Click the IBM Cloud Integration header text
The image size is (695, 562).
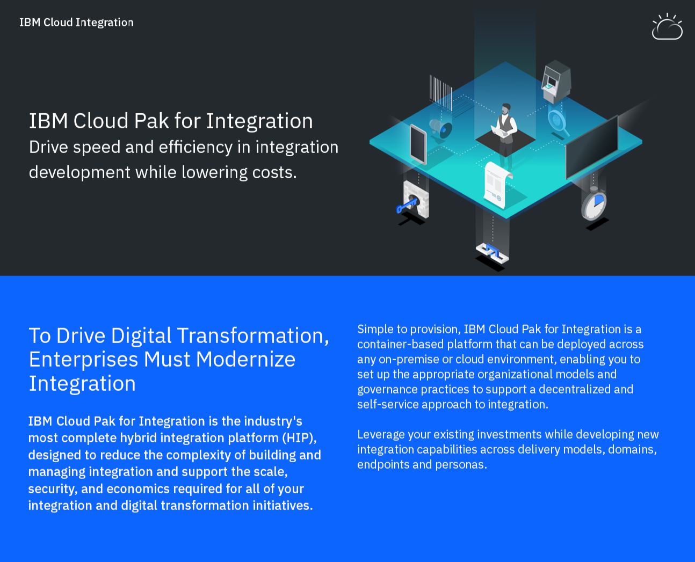point(76,23)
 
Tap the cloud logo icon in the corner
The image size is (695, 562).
point(667,26)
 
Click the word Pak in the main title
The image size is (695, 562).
point(151,121)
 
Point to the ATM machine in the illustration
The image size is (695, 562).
point(556,81)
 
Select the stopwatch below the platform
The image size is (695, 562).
point(593,204)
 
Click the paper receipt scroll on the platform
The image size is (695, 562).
point(497,184)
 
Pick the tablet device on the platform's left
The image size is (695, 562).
point(418,144)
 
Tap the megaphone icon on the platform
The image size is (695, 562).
point(441,129)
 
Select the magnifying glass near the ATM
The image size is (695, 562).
point(559,122)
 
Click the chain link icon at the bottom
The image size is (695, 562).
point(492,253)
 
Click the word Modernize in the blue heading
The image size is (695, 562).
point(245,359)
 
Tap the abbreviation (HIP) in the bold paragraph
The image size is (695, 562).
point(300,438)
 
